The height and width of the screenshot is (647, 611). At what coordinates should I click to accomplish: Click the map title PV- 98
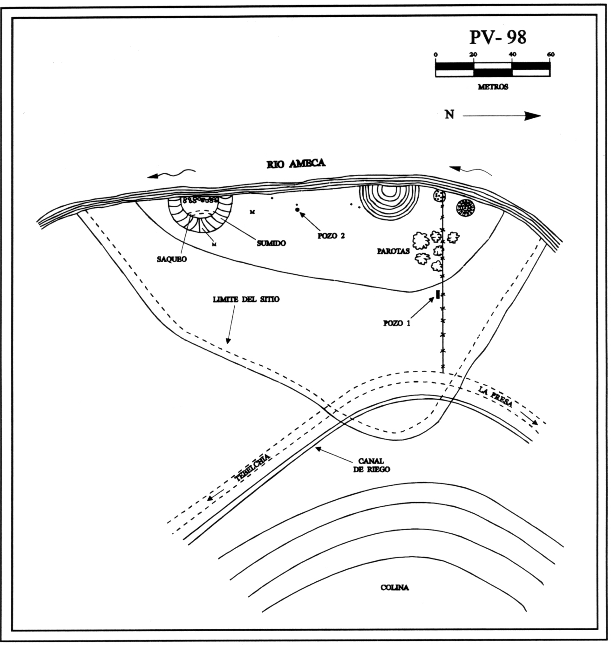(497, 37)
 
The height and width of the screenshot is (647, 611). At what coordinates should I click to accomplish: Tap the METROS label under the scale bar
(493, 87)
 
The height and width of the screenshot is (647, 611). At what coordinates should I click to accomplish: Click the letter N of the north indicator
(449, 115)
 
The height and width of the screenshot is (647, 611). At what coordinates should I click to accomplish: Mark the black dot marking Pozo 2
(298, 210)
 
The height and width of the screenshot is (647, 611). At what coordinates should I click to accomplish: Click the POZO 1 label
(397, 323)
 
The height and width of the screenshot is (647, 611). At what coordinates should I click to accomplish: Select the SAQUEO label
(171, 259)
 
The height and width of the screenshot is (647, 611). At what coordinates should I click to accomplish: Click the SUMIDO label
(271, 243)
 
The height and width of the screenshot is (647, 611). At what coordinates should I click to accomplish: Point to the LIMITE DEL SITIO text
(244, 300)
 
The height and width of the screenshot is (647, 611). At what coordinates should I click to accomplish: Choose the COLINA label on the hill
(394, 588)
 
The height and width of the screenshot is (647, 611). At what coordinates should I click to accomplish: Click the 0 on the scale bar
(435, 54)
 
